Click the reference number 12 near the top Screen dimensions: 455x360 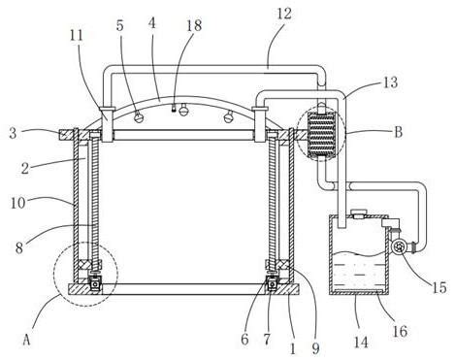pyautogui.click(x=284, y=14)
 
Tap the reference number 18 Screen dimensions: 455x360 pyautogui.click(x=194, y=25)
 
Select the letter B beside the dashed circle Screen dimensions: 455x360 pyautogui.click(x=398, y=132)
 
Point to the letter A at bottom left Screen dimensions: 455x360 pyautogui.click(x=27, y=340)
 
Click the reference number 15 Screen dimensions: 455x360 pyautogui.click(x=439, y=287)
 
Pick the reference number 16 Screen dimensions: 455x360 pyautogui.click(x=400, y=331)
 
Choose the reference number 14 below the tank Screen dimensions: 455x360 pyautogui.click(x=361, y=343)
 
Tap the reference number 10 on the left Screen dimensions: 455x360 pyautogui.click(x=18, y=203)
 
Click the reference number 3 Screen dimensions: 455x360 pyautogui.click(x=13, y=133)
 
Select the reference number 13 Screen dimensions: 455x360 pyautogui.click(x=391, y=82)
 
